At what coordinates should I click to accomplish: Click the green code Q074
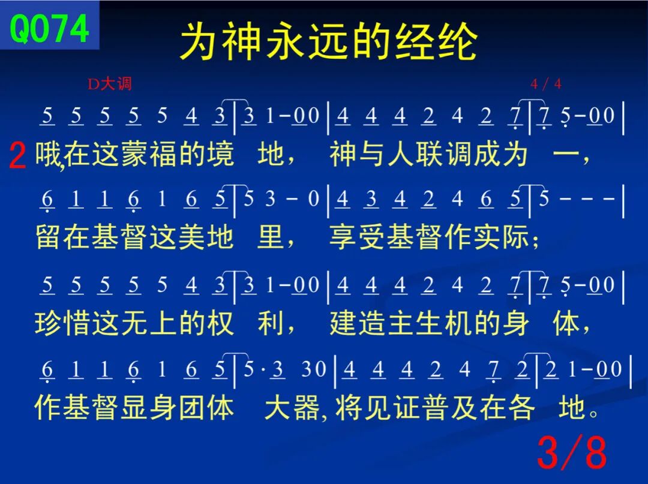pos(49,28)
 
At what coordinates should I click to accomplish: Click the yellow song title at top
pos(329,41)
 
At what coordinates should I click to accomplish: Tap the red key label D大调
pos(110,84)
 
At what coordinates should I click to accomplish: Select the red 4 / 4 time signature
pos(546,84)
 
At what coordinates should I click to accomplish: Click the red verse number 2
pos(17,156)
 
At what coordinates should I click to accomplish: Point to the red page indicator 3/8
pos(572,452)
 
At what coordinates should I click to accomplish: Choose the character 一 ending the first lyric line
pos(566,155)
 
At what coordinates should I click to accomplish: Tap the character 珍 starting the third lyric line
pos(49,323)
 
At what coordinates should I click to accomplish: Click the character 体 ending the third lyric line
pos(566,323)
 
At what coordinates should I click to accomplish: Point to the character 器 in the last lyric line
pos(306,407)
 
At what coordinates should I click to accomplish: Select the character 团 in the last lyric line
pos(192,407)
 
